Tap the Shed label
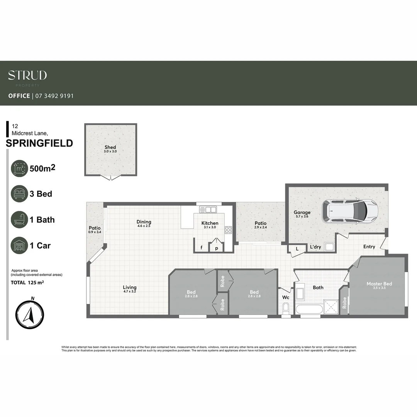110,147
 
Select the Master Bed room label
379,284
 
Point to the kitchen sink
208,210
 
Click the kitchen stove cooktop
228,230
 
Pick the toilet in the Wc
286,309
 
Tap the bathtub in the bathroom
309,309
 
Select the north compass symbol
29,315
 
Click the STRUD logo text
27,75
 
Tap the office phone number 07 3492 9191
54,96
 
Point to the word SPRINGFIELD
39,143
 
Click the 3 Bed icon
19,194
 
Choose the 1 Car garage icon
19,246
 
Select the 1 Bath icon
19,220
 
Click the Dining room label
144,222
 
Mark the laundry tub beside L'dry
330,246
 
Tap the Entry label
369,247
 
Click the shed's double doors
111,178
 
